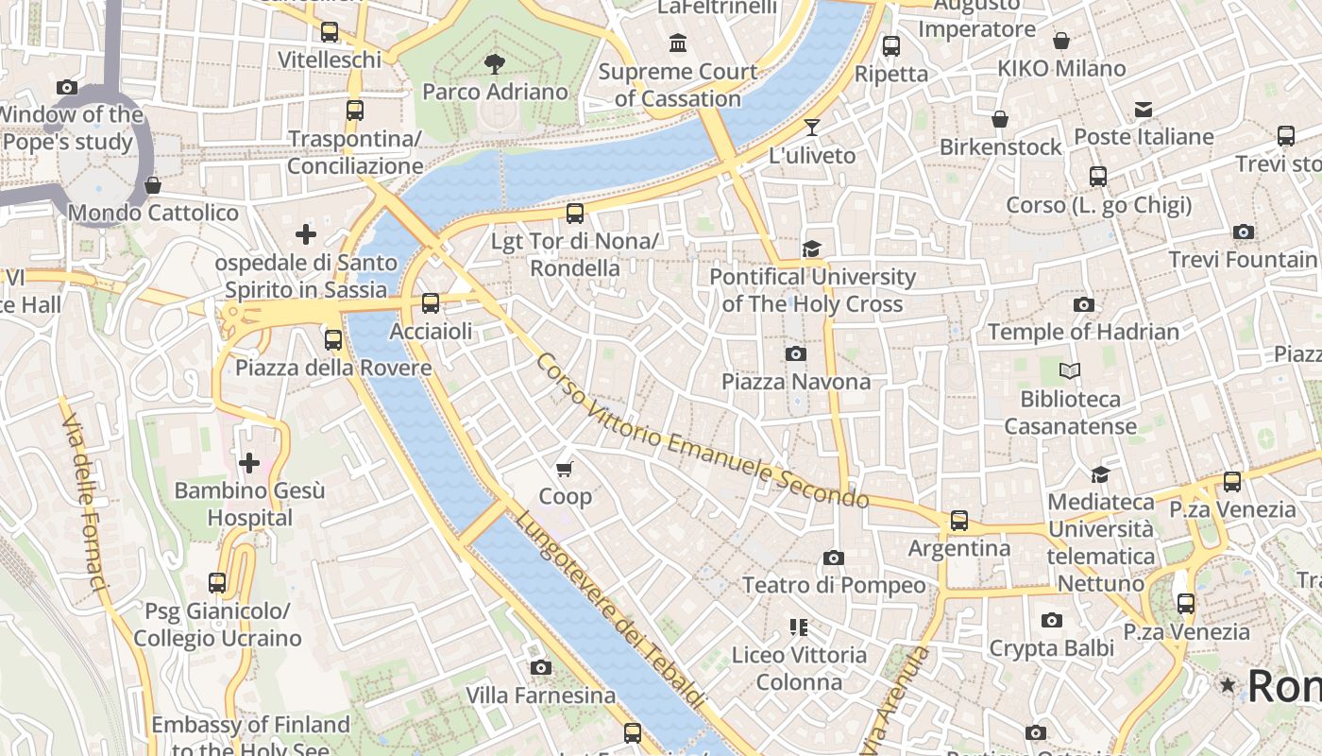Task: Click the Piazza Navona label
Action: (x=796, y=382)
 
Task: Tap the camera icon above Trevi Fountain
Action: (x=1244, y=232)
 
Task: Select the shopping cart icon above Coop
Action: (x=565, y=469)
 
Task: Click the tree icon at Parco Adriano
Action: (x=494, y=64)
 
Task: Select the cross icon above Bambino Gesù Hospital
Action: (x=249, y=463)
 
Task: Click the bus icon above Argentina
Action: (x=959, y=521)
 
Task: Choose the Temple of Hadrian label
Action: (x=1083, y=332)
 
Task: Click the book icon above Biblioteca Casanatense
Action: (x=1070, y=371)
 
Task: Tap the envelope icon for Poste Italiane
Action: (x=1144, y=110)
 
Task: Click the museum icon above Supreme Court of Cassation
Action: (x=678, y=43)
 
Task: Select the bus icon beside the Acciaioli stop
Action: (x=431, y=303)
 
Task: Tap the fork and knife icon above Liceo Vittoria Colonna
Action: (x=799, y=627)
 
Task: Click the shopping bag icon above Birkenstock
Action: (x=1000, y=119)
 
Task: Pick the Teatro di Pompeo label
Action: (x=834, y=585)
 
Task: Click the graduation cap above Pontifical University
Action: (x=811, y=249)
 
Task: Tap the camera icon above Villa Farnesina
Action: (x=540, y=668)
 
